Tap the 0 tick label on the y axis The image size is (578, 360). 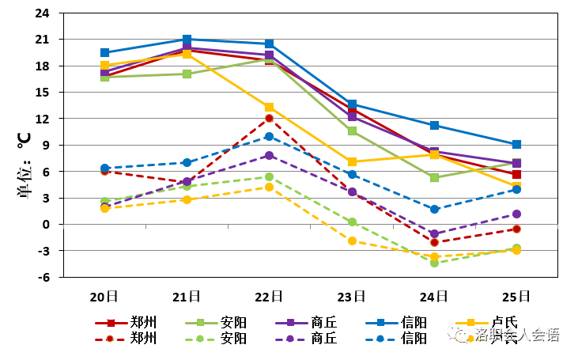click(44, 225)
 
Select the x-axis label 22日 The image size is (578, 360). click(269, 297)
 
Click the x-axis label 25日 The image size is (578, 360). click(516, 297)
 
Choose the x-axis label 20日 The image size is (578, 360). click(104, 297)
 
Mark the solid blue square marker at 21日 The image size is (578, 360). click(187, 40)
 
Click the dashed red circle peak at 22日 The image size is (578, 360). click(269, 119)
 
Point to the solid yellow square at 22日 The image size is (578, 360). click(269, 108)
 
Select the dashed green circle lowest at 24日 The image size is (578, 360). click(434, 263)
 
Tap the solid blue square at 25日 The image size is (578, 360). click(516, 145)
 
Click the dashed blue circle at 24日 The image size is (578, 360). click(434, 210)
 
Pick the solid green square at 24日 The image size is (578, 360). click(434, 178)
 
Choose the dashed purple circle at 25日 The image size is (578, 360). click(516, 214)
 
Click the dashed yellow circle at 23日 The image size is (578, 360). click(352, 241)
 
